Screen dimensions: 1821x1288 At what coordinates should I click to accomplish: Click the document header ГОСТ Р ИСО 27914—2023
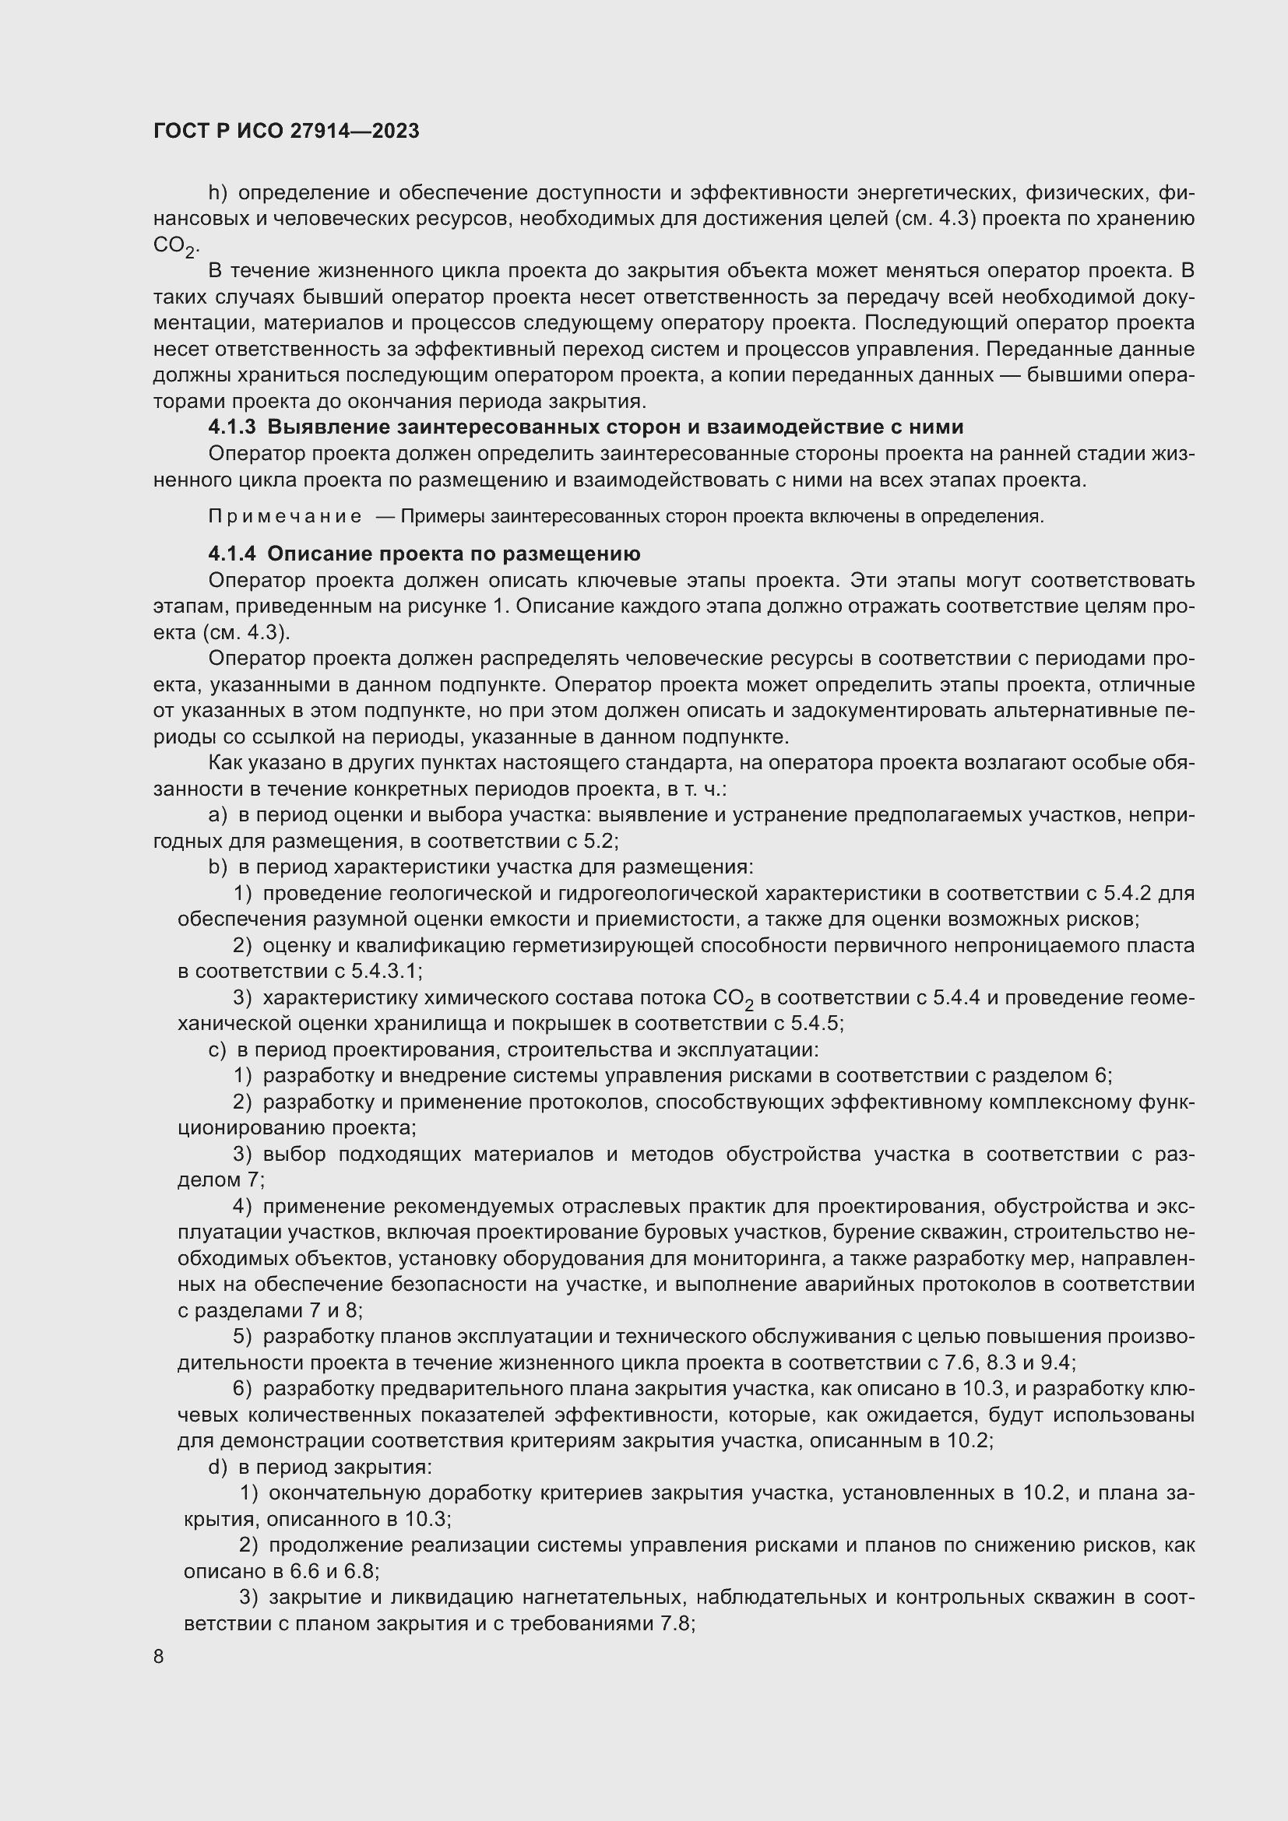pyautogui.click(x=287, y=132)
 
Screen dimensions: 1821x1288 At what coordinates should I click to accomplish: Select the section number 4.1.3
pyautogui.click(x=231, y=427)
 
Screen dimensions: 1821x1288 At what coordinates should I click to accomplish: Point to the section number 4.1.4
pyautogui.click(x=231, y=554)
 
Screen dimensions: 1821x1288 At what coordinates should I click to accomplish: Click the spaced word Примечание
pyautogui.click(x=285, y=517)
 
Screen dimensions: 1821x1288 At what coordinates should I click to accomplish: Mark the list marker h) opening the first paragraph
pyautogui.click(x=217, y=193)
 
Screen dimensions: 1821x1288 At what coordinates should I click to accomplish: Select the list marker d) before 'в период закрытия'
pyautogui.click(x=217, y=1468)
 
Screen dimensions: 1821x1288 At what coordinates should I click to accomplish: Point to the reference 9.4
pyautogui.click(x=1057, y=1363)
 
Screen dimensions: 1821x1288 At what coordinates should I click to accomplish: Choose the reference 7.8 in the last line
pyautogui.click(x=677, y=1623)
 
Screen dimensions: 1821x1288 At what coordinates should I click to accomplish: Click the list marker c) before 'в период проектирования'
pyautogui.click(x=217, y=1050)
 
